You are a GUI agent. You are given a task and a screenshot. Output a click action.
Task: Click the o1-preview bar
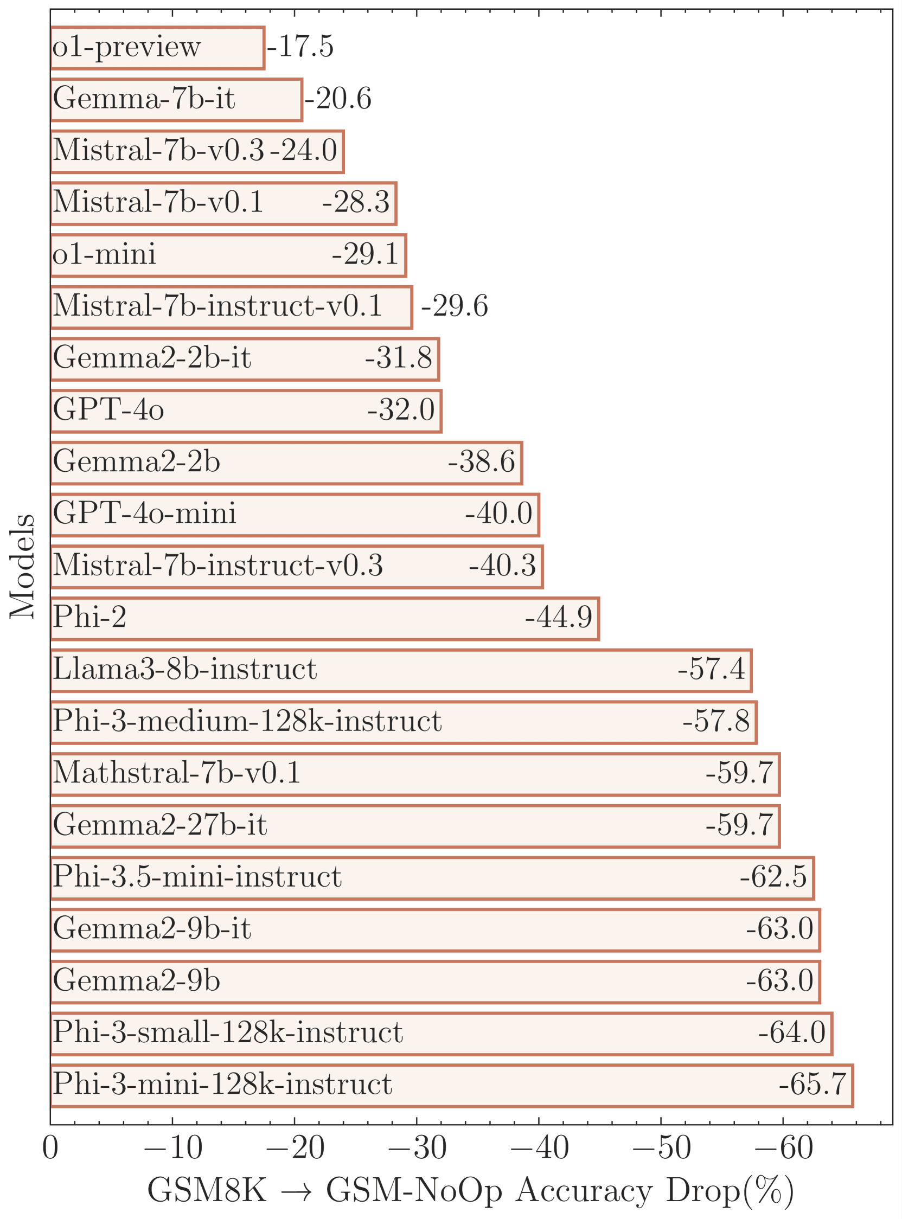(x=158, y=48)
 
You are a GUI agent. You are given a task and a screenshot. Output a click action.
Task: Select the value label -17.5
(x=300, y=47)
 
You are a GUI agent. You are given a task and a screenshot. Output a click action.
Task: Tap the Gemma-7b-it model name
(x=144, y=99)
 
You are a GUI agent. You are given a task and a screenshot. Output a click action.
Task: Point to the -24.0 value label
(x=304, y=150)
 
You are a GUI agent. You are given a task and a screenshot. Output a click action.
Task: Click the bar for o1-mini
(x=229, y=255)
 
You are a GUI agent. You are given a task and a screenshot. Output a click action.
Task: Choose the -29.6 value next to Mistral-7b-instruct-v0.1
(x=455, y=306)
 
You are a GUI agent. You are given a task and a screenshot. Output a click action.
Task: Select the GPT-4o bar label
(x=108, y=409)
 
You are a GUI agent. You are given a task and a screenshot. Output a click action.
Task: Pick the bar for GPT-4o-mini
(x=296, y=515)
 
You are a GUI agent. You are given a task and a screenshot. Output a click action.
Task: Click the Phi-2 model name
(x=89, y=617)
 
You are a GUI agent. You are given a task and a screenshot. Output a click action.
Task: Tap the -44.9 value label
(x=559, y=618)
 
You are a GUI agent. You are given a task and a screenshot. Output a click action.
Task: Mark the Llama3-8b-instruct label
(x=184, y=669)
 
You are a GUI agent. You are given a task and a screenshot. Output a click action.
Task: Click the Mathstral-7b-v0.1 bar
(x=415, y=774)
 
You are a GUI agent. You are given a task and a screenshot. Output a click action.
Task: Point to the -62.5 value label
(x=773, y=877)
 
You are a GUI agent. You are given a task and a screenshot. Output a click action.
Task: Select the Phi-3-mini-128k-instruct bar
(x=452, y=1086)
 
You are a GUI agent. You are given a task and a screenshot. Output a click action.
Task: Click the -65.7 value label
(x=813, y=1085)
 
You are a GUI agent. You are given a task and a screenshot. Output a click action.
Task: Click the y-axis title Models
(x=22, y=567)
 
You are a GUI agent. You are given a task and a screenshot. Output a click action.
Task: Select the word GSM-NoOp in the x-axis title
(x=414, y=1192)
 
